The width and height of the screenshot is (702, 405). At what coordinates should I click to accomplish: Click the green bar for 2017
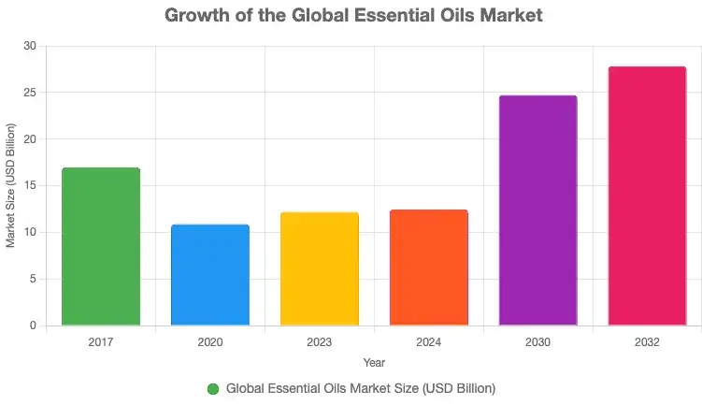pos(101,247)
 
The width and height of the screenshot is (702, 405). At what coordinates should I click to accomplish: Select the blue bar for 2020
pos(210,275)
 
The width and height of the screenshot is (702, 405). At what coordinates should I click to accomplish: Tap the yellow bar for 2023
pos(320,269)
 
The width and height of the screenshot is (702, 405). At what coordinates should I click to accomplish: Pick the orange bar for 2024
pos(428,268)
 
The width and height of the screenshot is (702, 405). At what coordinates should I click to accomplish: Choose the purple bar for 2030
pos(537,210)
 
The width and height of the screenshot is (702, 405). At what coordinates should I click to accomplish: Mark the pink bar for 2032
pos(647,196)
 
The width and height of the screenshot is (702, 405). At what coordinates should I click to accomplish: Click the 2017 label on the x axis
pos(101,342)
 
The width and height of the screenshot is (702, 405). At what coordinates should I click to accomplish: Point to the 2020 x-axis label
pos(210,342)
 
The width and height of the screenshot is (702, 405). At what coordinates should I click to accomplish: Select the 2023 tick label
pos(320,342)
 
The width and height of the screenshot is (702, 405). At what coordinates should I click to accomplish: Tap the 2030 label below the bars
pos(537,342)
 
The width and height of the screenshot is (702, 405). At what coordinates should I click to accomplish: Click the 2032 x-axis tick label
pos(647,342)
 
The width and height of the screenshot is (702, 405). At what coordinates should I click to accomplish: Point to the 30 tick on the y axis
pos(31,46)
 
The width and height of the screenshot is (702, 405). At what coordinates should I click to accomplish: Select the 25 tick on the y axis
pos(31,93)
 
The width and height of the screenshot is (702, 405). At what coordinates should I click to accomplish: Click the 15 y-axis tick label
pos(31,186)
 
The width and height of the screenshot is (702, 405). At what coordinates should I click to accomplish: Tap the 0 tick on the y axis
pos(34,325)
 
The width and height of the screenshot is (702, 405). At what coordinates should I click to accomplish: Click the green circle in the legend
pos(213,388)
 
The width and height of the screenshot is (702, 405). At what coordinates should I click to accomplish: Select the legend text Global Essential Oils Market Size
pos(360,388)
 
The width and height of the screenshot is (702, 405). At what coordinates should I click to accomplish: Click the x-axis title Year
pos(374,362)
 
